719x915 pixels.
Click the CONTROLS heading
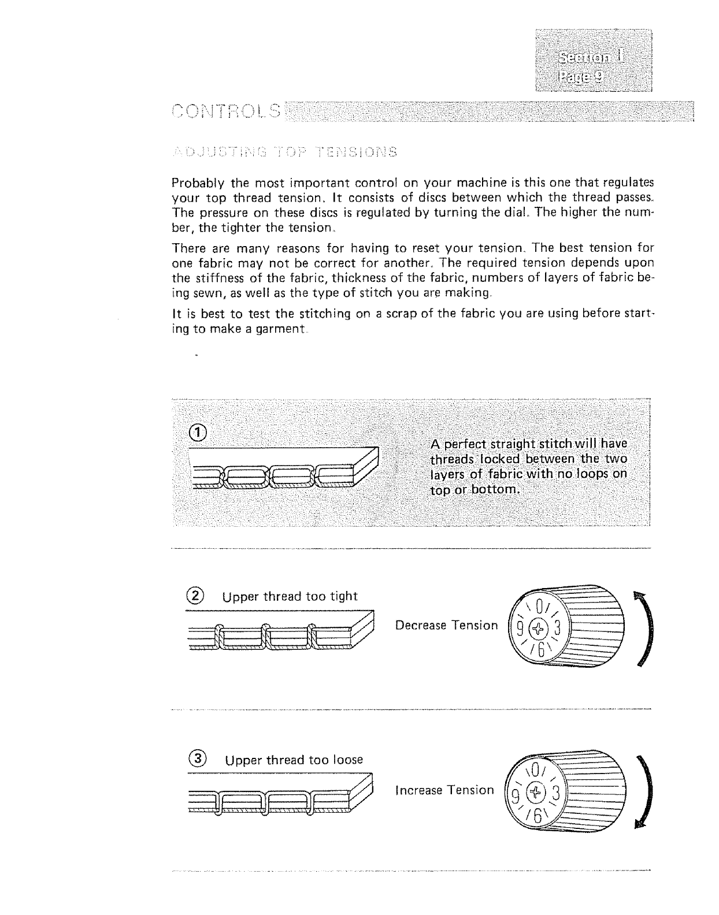coord(227,110)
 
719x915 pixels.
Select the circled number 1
coord(198,433)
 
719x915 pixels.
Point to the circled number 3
coord(198,758)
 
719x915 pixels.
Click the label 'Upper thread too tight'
coord(290,597)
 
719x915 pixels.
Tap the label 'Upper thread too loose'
coord(294,760)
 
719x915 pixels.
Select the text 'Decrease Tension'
coord(446,625)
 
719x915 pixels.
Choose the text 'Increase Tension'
coord(444,790)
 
